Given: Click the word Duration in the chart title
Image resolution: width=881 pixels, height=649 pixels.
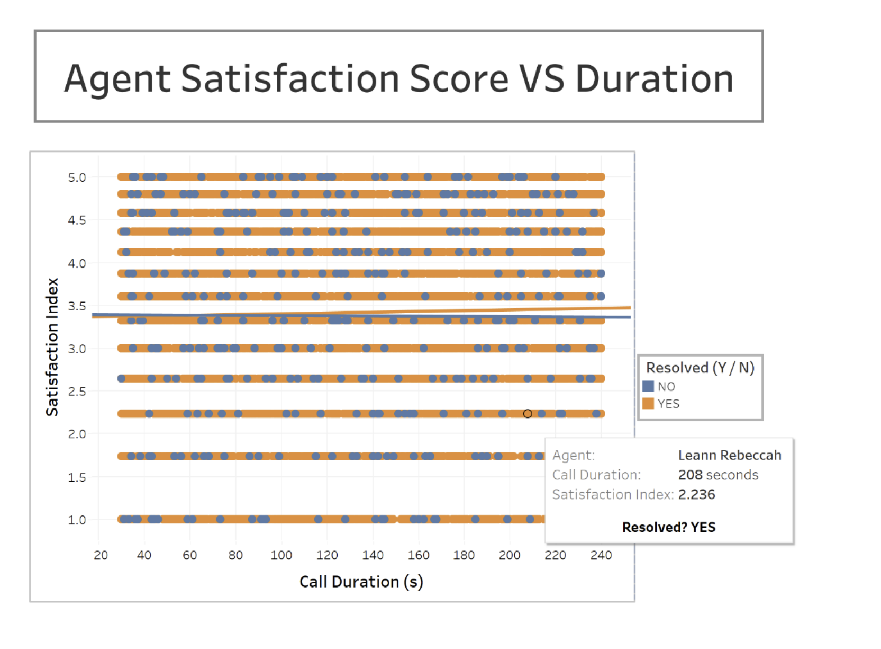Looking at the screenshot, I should coord(654,79).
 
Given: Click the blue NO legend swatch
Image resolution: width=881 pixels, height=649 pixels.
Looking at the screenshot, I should coord(648,386).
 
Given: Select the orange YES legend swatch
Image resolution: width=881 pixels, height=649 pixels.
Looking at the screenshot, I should coord(648,404).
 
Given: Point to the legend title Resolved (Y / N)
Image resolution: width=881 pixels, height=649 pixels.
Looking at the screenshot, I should coord(700,368).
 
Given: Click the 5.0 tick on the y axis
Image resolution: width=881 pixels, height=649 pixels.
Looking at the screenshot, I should coord(77,177).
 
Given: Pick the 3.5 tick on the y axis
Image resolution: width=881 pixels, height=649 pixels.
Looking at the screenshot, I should coord(77,306).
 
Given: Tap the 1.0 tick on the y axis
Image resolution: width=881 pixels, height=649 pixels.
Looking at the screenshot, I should coord(77,520).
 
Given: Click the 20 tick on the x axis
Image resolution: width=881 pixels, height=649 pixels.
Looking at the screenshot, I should coord(101,555).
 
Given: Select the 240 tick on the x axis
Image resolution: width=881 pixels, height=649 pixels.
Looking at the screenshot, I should coord(601,555).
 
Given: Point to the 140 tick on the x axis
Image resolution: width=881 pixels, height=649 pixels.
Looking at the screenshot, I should coord(373,555).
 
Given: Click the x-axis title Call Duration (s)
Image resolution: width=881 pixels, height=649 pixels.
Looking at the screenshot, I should coord(361,582).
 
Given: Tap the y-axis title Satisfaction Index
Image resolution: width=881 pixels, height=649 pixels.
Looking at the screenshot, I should coord(52,347).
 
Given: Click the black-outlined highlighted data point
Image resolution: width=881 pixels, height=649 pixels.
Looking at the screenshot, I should coord(528,414).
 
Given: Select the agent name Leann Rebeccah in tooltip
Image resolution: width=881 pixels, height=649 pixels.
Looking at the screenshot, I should coord(730,455).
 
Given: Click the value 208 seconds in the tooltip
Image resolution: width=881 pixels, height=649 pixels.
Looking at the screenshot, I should coord(718,475).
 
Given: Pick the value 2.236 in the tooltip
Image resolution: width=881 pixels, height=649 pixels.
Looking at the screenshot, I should coord(696,494).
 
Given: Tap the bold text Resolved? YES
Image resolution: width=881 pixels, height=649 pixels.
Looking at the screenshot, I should coord(669,527).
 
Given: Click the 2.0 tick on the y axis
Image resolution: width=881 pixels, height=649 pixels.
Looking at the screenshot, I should coord(77,434).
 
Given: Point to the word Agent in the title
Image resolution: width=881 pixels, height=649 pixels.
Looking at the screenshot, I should coord(117,79).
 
